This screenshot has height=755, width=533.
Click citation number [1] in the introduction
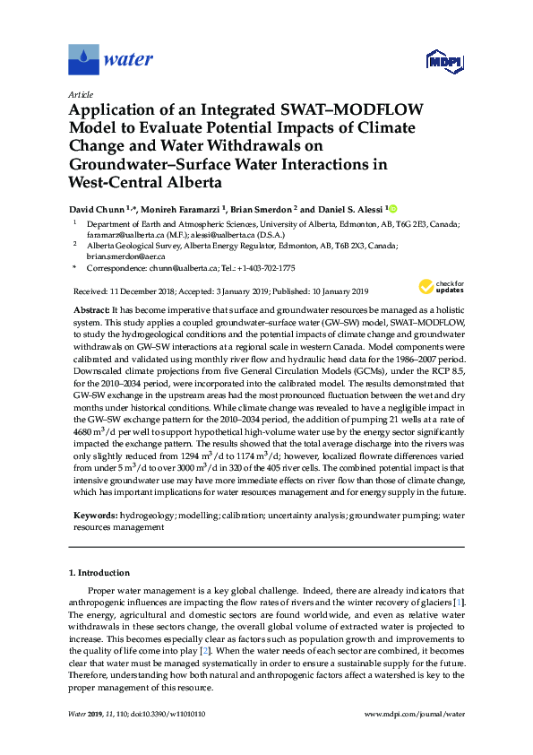pyautogui.click(x=460, y=603)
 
